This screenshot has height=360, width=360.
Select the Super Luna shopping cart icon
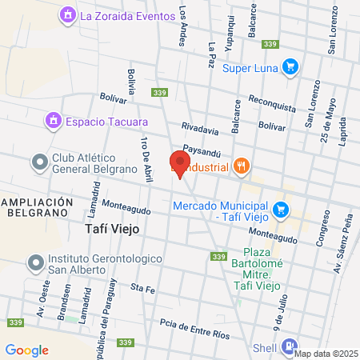[x=290, y=68]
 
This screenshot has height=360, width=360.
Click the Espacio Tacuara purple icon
[x=54, y=122]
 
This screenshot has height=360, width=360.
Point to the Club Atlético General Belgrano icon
[x=39, y=162]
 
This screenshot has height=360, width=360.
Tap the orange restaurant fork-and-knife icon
[x=242, y=166]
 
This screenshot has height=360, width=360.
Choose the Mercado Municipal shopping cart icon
[x=280, y=210]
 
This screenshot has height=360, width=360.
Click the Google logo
[x=26, y=350]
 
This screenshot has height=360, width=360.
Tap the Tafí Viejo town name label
[x=112, y=229]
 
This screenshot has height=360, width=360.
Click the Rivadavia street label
[x=200, y=127]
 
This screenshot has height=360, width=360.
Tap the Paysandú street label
[x=201, y=148]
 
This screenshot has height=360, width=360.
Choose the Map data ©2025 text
[x=326, y=354]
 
